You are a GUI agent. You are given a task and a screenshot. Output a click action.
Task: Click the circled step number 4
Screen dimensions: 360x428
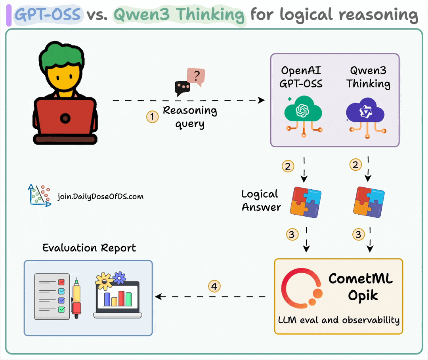pos(214,286)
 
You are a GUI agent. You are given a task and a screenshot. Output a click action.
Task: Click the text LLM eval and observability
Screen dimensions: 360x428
pos(338,320)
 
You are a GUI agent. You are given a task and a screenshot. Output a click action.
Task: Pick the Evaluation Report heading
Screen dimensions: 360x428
pos(89,248)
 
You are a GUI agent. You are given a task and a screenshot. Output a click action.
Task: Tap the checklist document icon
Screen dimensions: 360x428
pos(52,295)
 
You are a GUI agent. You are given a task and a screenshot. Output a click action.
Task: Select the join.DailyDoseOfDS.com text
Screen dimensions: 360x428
pos(101,196)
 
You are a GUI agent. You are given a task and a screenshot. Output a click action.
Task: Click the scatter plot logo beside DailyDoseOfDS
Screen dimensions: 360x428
pos(39,195)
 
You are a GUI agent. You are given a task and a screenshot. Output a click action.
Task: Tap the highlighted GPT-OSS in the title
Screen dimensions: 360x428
pos(48,15)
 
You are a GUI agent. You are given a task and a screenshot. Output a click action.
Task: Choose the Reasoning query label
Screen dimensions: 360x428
pos(190,117)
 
